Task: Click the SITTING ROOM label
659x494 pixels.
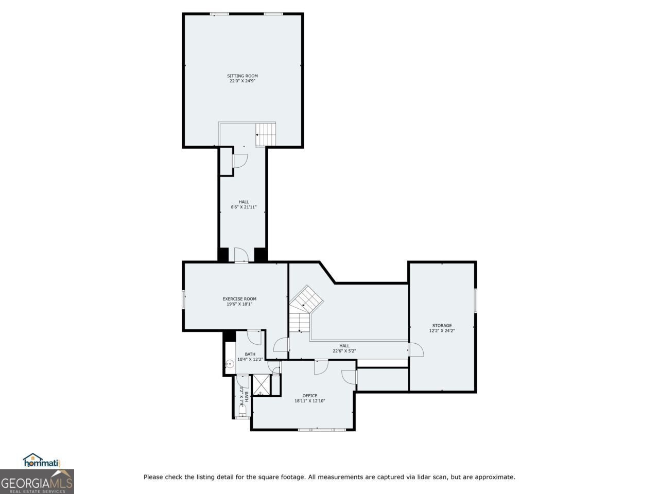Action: click(242, 76)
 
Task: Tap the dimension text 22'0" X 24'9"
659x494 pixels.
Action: click(242, 81)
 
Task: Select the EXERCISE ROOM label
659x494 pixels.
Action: click(239, 299)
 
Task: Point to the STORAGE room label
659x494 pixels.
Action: click(442, 325)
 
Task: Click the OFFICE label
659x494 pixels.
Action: click(310, 396)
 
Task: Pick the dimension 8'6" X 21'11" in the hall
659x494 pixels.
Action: click(244, 207)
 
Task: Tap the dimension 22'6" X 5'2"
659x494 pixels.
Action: click(344, 351)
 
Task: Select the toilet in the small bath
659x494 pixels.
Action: click(241, 410)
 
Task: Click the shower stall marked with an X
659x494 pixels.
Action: click(261, 385)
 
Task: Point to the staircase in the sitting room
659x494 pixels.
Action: click(266, 134)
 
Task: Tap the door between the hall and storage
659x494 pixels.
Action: click(415, 350)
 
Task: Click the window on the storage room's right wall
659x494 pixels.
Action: click(475, 300)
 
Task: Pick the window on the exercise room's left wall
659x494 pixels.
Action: click(183, 299)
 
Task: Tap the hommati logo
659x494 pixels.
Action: click(42, 461)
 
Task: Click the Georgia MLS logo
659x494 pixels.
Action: click(37, 482)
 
